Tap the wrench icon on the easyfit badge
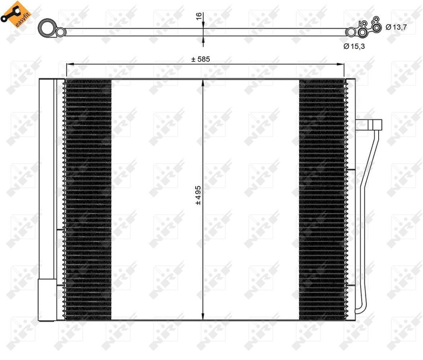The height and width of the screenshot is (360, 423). [8, 19]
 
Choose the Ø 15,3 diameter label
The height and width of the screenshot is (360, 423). [356, 46]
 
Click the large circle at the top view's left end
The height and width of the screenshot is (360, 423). [46, 28]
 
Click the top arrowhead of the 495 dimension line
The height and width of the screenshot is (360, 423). [204, 82]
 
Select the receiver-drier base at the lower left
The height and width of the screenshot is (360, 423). [45, 299]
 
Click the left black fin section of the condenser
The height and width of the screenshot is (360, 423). [88, 199]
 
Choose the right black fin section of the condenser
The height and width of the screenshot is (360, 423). [323, 199]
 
